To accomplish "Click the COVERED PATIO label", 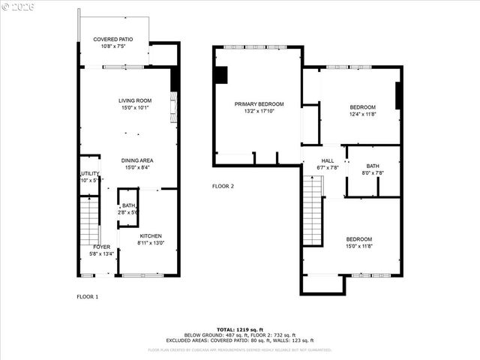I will pos(113,39).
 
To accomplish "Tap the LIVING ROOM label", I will pos(135,100).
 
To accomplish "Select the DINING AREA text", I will pos(137,160).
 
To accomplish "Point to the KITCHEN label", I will pos(151,235).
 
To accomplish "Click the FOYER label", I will pos(102,247).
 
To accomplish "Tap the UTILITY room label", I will pos(89,173).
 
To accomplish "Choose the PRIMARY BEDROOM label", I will pos(259,104).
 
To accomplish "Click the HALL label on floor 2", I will pos(328,160).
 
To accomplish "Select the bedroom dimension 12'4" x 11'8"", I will pos(361,115).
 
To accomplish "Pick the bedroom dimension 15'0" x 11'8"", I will pos(359,246).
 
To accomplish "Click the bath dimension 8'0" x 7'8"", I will pos(373,173).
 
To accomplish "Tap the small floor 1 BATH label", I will pos(129,205).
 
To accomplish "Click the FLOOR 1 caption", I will pos(87,297).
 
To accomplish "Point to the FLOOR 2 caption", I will pos(223,186).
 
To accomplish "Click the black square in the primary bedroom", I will pos(220,75).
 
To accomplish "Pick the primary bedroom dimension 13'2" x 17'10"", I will pos(259,112).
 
